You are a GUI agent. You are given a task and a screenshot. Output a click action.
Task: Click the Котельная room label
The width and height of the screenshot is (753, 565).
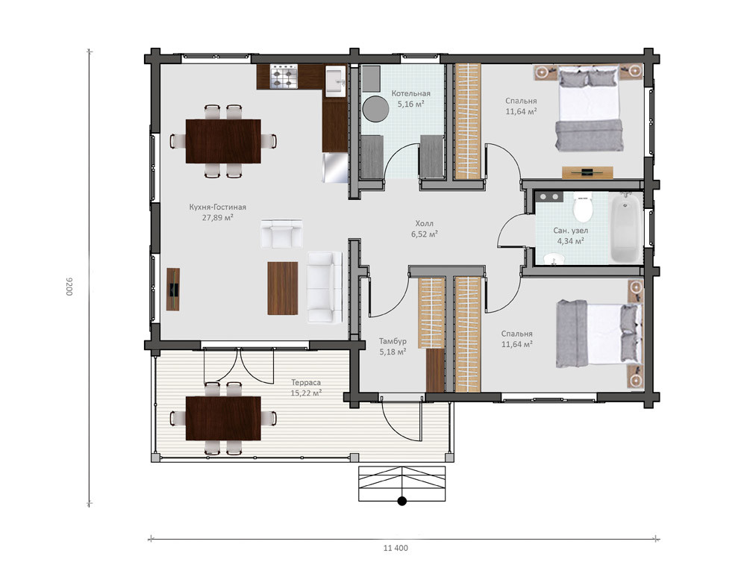[410, 93]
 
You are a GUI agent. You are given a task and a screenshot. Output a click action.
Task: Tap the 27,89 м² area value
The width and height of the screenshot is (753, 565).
[218, 218]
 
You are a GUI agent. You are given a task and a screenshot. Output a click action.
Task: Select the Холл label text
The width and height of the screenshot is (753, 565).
[424, 223]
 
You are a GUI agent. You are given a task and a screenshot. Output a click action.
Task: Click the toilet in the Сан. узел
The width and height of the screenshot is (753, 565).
[583, 207]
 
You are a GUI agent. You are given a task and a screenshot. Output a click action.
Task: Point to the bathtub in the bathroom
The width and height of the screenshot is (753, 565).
[625, 227]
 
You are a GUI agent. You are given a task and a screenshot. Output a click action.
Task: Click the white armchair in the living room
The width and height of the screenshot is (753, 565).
[281, 234]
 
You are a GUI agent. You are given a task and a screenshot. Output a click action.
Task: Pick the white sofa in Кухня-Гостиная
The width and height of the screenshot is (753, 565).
[325, 287]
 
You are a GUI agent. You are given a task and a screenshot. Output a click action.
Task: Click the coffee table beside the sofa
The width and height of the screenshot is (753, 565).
[283, 288]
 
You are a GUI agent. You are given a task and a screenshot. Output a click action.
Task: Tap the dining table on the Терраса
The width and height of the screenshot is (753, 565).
[223, 419]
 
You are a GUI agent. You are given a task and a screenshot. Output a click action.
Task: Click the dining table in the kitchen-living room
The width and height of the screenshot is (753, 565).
[223, 141]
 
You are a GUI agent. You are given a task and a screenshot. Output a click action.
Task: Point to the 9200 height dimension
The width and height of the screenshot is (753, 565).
[69, 286]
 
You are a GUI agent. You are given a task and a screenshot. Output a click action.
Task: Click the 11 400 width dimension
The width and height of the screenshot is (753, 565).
[396, 548]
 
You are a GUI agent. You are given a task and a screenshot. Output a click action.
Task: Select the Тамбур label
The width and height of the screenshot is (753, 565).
[393, 341]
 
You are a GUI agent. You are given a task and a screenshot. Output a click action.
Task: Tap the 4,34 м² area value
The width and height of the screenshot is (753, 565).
[570, 241]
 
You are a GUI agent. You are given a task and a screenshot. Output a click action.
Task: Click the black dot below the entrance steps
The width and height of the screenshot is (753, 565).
[402, 502]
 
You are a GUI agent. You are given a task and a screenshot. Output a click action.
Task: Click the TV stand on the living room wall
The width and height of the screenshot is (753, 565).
[173, 290]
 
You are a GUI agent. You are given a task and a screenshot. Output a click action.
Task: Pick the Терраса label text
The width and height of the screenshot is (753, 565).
[306, 382]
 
